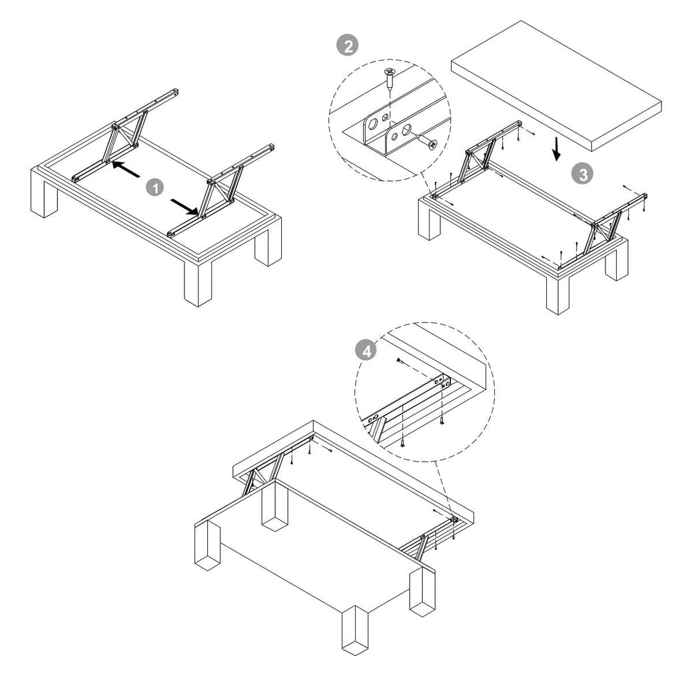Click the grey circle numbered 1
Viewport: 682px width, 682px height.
click(x=155, y=188)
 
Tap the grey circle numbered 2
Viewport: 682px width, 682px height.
click(x=348, y=46)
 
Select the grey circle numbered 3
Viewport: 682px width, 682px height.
click(x=582, y=174)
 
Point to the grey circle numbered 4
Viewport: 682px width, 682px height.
click(x=366, y=350)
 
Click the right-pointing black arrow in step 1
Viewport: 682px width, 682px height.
click(x=185, y=207)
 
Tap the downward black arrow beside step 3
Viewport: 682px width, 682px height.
click(x=556, y=149)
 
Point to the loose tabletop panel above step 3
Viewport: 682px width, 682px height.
click(x=556, y=86)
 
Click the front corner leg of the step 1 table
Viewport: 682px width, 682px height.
click(x=198, y=282)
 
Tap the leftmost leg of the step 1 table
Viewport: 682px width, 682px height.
click(x=44, y=196)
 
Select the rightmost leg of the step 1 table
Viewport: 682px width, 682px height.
click(x=268, y=244)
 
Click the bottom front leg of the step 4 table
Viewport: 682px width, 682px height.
click(x=355, y=630)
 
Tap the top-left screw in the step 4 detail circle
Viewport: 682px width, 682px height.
click(x=400, y=360)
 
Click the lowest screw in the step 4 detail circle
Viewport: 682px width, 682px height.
click(x=403, y=443)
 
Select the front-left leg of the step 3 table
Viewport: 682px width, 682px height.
click(x=430, y=222)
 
